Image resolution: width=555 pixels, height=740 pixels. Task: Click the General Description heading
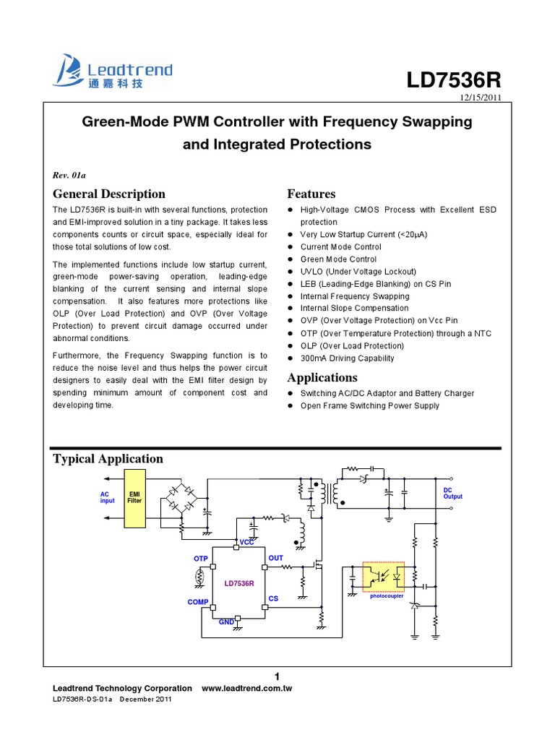click(x=109, y=194)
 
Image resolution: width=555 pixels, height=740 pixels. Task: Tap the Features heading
click(x=311, y=194)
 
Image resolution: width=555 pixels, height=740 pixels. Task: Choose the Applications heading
click(x=322, y=377)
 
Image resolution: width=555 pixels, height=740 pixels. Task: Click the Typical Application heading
click(x=108, y=458)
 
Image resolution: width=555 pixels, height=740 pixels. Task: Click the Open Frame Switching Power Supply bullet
click(x=369, y=405)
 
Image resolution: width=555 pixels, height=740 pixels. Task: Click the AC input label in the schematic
click(x=107, y=497)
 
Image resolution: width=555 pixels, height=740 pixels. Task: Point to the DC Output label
click(x=453, y=493)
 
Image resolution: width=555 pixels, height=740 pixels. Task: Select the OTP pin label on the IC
click(x=200, y=559)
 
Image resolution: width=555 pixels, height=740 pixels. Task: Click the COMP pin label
click(x=198, y=602)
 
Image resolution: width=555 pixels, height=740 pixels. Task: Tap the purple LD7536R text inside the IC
click(x=239, y=582)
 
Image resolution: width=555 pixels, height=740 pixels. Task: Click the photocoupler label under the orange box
click(x=387, y=596)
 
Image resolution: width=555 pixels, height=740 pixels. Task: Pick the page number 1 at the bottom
click(x=277, y=676)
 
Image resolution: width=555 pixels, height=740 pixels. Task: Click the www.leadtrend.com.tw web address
click(x=246, y=689)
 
